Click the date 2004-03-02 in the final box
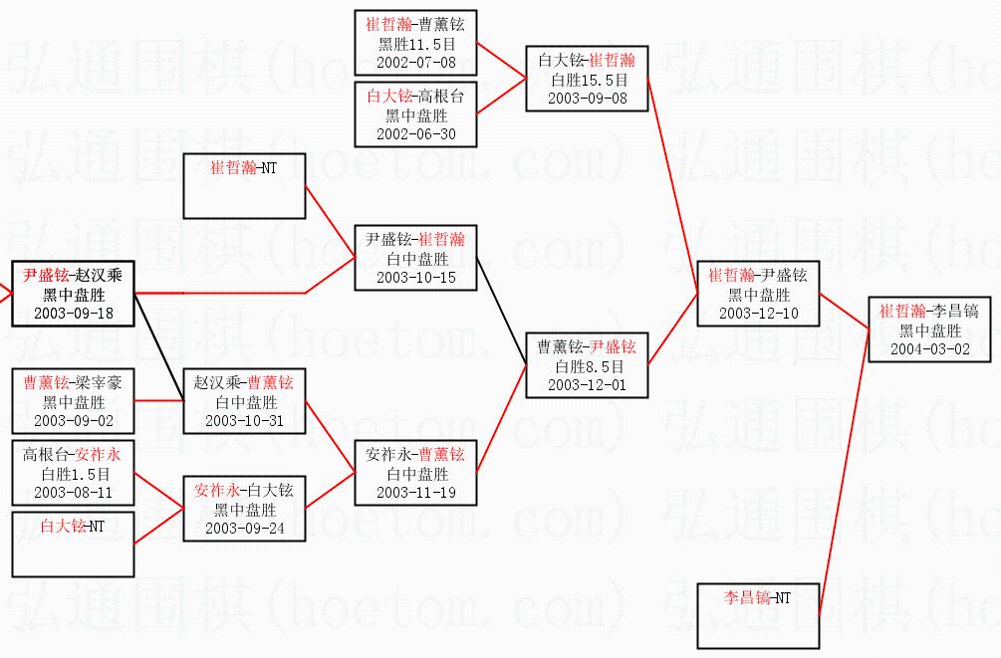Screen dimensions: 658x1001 click(929, 349)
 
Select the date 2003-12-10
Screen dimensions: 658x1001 click(758, 313)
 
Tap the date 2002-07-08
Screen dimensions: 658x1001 click(415, 62)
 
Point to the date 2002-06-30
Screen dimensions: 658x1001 click(415, 134)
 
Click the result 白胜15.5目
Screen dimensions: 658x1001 click(587, 80)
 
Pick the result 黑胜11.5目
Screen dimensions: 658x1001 click(415, 44)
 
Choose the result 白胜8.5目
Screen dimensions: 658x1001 click(587, 366)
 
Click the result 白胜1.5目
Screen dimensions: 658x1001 click(73, 474)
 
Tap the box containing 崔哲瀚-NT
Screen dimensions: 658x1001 click(244, 186)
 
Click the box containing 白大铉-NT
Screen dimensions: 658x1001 click(73, 544)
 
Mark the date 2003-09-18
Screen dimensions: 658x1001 click(73, 313)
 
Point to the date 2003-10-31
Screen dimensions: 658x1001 click(244, 420)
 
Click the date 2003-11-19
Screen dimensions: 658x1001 click(415, 492)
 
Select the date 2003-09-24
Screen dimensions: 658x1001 click(244, 528)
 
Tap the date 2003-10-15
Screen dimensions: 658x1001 click(415, 277)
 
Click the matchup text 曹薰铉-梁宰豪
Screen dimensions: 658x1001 click(73, 383)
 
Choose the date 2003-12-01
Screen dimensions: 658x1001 click(587, 384)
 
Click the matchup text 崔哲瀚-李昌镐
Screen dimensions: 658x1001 click(929, 312)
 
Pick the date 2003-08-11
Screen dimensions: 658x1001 click(73, 492)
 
